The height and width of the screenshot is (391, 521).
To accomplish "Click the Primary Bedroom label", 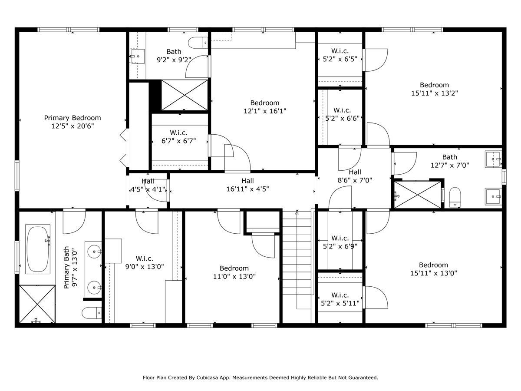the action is [x=73, y=122].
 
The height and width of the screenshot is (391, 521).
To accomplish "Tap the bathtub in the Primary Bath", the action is [x=38, y=249].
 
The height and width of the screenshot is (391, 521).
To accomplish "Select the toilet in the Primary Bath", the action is [x=92, y=313].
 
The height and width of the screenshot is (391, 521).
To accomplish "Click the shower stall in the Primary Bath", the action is [x=37, y=304].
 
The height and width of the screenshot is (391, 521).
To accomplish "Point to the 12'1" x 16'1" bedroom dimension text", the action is [x=265, y=111].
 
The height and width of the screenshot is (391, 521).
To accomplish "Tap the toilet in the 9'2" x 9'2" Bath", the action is [x=198, y=43].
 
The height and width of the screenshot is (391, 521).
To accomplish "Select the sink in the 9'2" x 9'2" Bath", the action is [x=138, y=56].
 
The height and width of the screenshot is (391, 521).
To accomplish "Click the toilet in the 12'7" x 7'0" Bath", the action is [x=455, y=197].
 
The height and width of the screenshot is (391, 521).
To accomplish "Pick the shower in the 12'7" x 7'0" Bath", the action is [x=417, y=195].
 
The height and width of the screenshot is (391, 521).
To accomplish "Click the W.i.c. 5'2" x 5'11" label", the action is [x=340, y=299].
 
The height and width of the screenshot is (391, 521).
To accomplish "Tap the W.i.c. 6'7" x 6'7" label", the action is [x=178, y=137].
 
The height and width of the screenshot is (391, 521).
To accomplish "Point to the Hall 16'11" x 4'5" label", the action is [x=247, y=185].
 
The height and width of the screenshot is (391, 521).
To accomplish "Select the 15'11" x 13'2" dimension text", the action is [x=434, y=93].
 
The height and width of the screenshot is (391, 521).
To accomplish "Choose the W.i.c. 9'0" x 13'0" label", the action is [x=145, y=262].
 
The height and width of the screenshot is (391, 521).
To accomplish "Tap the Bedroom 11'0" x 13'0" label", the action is [x=234, y=272].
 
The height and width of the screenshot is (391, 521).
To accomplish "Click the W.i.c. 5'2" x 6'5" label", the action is [x=340, y=55].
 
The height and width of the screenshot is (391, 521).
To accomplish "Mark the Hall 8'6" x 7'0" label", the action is [x=355, y=176].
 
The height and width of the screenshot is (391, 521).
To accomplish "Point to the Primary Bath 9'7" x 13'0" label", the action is [x=71, y=267].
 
